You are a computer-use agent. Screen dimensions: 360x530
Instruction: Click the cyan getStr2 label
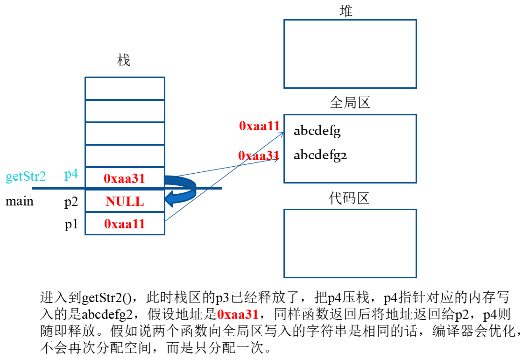coord(26,177)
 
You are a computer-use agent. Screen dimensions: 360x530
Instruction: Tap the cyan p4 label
coord(71,175)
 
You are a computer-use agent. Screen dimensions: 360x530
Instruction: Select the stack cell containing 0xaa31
coord(125,178)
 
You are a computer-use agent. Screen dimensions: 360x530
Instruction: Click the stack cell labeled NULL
coord(125,201)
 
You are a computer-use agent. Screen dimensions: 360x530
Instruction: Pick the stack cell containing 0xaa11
coord(125,224)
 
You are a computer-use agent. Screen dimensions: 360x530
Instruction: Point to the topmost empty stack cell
coord(125,88)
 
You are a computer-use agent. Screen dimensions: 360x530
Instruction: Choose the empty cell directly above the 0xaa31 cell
coord(125,156)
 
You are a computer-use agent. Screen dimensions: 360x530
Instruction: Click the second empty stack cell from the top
coord(125,111)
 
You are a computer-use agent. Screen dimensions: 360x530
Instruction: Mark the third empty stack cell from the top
coord(125,134)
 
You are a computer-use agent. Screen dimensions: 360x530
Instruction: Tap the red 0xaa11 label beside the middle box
coord(259,126)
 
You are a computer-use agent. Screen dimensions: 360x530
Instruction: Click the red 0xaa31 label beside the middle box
coord(258,156)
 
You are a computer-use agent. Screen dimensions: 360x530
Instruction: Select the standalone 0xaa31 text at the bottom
coord(238,315)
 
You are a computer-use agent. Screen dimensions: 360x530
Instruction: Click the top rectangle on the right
coord(350,54)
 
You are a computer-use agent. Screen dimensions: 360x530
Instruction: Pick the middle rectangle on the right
coord(350,148)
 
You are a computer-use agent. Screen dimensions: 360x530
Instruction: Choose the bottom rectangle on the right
coord(350,243)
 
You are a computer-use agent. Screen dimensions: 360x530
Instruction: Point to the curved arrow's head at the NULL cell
coord(169,199)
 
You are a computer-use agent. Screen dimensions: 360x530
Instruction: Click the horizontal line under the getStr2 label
coord(56,188)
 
